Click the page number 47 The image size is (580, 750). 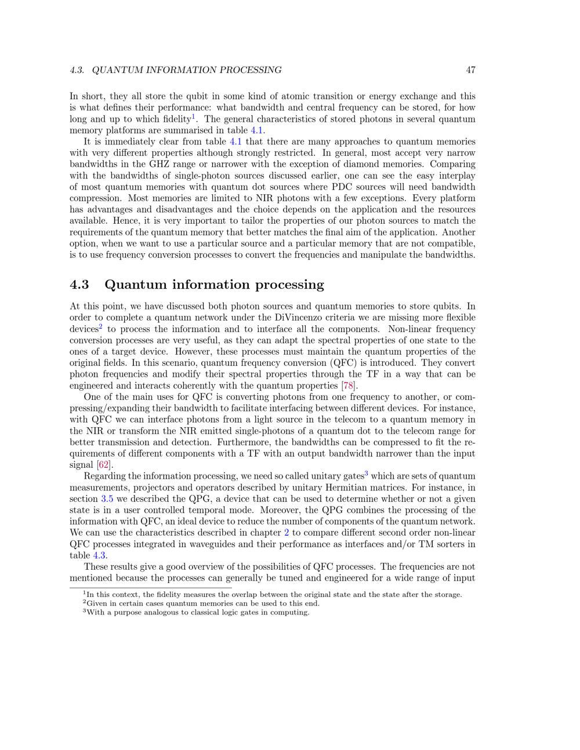pos(470,70)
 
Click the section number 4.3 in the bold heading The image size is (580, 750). pos(79,285)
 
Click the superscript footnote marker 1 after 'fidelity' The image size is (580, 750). pos(194,116)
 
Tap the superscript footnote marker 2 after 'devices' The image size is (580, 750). pos(100,326)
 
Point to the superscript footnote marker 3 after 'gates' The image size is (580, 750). pos(367,474)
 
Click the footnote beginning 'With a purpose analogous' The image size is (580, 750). pos(197,613)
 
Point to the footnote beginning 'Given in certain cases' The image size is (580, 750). pos(202,603)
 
